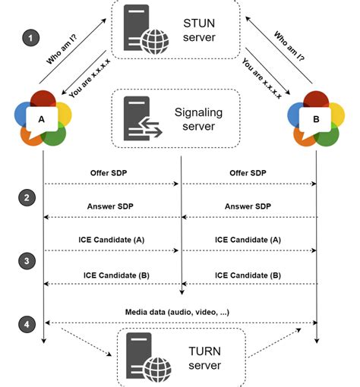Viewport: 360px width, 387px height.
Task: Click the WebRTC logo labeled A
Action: click(x=42, y=118)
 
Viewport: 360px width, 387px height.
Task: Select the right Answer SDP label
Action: click(x=248, y=206)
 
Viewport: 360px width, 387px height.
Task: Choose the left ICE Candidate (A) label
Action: click(x=111, y=240)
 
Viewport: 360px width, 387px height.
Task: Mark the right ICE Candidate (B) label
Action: click(x=248, y=274)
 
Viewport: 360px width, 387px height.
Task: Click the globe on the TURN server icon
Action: click(x=157, y=368)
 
